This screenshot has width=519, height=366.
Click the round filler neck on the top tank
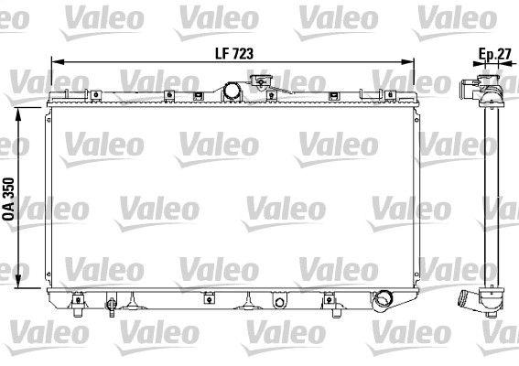coord(233,90)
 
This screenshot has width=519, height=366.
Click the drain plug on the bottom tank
coord(113,301)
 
